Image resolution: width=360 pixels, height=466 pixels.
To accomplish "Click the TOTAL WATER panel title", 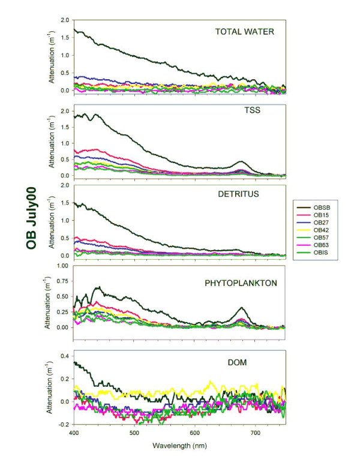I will (245, 32).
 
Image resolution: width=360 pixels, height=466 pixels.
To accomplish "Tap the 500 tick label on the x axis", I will (134, 432).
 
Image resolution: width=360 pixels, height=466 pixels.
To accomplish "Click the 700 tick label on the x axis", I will (256, 432).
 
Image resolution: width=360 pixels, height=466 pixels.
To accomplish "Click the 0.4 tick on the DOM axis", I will (64, 356).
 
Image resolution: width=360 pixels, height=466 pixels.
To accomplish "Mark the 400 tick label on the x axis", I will (74, 432).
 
